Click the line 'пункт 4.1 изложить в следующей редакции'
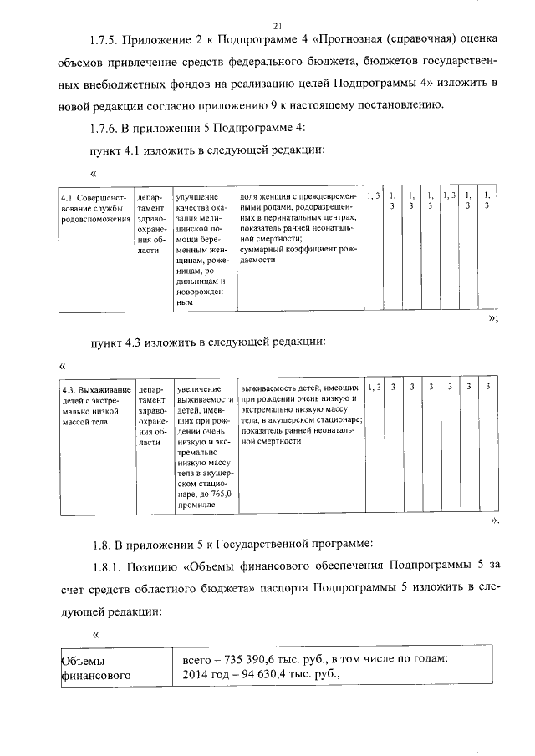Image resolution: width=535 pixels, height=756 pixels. click(201, 150)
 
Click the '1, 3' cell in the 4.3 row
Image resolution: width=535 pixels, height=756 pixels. click(374, 388)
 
